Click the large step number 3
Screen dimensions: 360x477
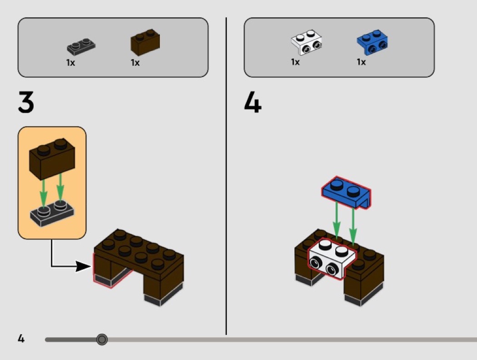click(26, 102)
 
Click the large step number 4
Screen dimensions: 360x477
click(253, 102)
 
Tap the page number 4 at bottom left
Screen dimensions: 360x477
click(21, 338)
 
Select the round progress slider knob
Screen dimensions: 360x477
click(102, 339)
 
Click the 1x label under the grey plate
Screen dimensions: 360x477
click(70, 63)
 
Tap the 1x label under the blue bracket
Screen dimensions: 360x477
click(361, 62)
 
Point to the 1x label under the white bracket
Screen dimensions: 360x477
click(296, 62)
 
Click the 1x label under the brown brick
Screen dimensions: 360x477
click(135, 63)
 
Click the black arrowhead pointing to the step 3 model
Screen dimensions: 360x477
click(83, 266)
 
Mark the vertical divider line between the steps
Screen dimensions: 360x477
click(226, 182)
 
